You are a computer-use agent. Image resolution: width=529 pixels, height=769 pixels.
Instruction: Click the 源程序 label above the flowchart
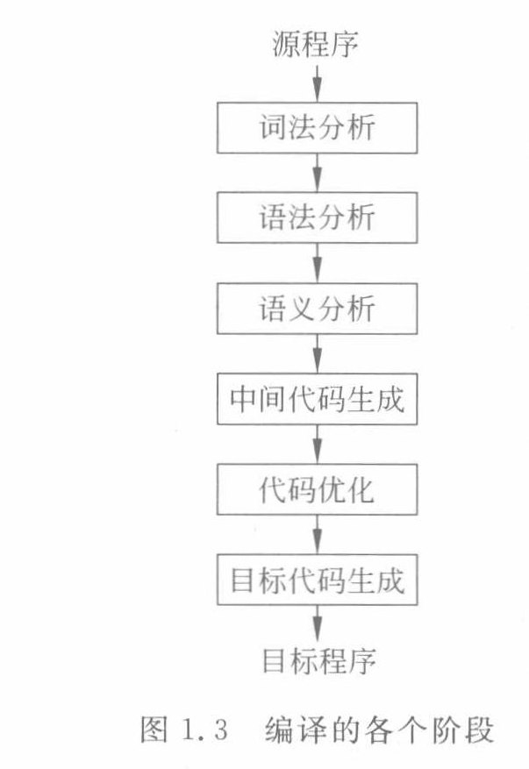(318, 44)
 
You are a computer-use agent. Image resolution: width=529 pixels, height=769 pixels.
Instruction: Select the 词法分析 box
(318, 127)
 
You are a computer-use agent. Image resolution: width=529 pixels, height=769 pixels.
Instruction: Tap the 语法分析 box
(318, 217)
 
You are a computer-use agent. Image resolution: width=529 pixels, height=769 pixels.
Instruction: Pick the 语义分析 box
(318, 309)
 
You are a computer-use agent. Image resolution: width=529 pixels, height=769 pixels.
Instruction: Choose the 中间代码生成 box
(318, 399)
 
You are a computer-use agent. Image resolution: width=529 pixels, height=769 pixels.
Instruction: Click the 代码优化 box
(318, 489)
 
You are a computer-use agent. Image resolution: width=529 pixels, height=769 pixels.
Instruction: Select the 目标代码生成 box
(318, 580)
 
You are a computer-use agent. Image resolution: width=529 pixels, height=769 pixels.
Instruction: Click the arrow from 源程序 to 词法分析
(318, 83)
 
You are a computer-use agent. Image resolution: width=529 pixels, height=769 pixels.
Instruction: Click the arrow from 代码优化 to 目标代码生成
(318, 535)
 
